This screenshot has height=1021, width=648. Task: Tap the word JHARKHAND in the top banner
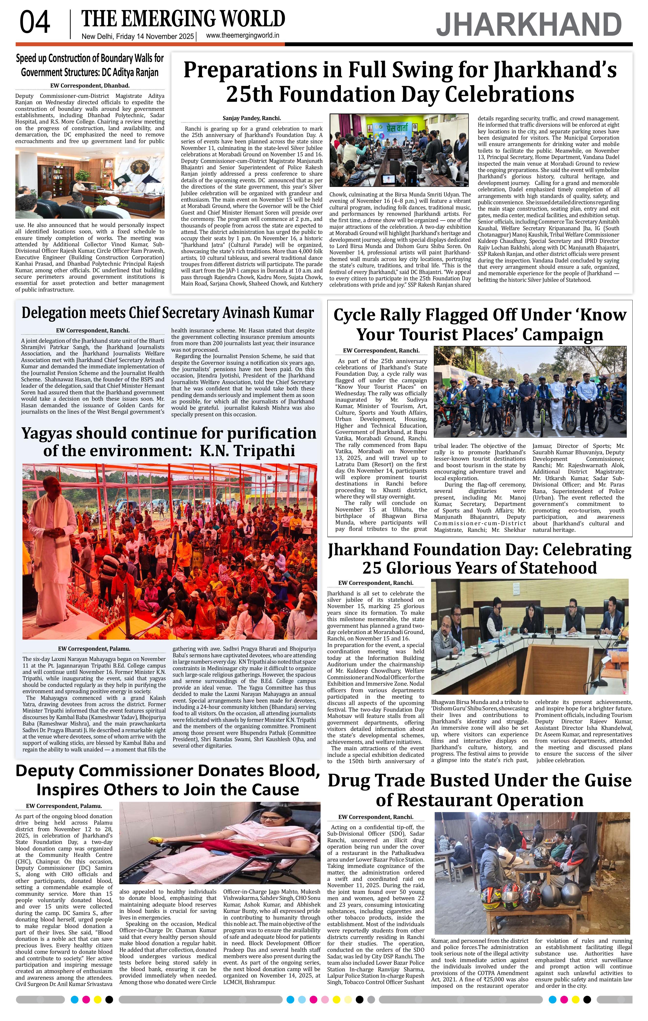click(x=529, y=25)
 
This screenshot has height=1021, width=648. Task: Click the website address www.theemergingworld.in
click(x=242, y=36)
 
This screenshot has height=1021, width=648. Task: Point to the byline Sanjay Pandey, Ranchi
click(x=252, y=118)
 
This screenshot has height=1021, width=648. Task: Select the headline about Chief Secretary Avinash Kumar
click(x=168, y=313)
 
